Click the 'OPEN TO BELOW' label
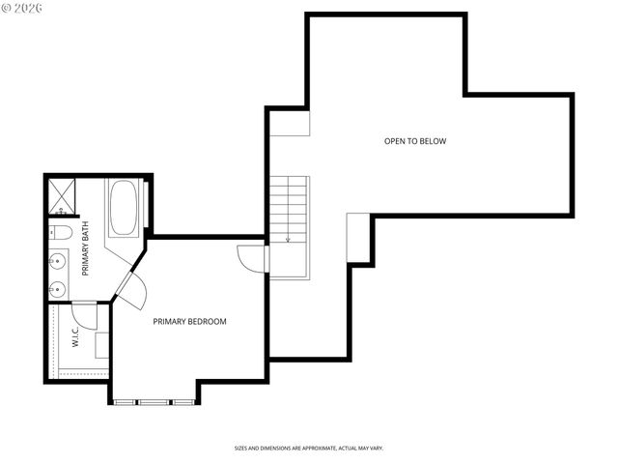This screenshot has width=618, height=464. coord(415,141)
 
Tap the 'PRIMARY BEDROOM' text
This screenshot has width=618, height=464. coord(190,321)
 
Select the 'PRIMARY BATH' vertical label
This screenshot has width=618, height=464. coord(86,248)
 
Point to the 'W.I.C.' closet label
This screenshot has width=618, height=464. coord(74,336)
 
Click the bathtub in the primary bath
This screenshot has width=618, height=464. coord(123,208)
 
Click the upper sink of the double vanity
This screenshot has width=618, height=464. coord(58,260)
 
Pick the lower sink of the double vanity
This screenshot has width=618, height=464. coord(58,287)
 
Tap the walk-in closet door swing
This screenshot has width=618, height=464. coord(84,315)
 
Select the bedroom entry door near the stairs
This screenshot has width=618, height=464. coord(253,258)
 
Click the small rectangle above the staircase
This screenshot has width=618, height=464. coord(290,123)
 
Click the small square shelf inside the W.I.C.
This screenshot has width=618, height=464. coord(101,345)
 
